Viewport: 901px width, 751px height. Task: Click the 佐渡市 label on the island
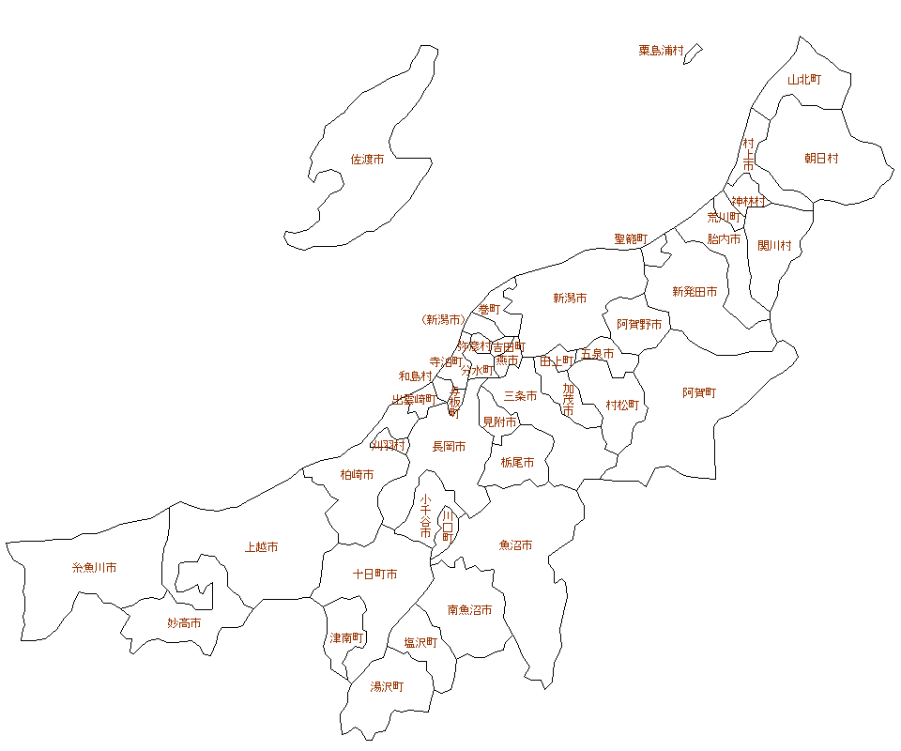pyautogui.click(x=367, y=160)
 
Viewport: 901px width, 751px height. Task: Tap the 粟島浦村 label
pyautogui.click(x=661, y=51)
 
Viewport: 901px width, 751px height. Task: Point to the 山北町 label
pyautogui.click(x=804, y=80)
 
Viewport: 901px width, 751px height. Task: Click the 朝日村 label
pyautogui.click(x=821, y=159)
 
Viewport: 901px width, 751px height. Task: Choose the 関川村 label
pyautogui.click(x=775, y=246)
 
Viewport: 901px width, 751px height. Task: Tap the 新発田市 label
pyautogui.click(x=695, y=292)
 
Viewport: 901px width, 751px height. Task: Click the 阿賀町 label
pyautogui.click(x=699, y=392)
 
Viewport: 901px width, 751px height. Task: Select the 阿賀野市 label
pyautogui.click(x=639, y=324)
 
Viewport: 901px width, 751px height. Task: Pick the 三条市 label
pyautogui.click(x=520, y=396)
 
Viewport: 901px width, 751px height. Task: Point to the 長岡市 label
pyautogui.click(x=449, y=447)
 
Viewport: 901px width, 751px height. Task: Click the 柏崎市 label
pyautogui.click(x=357, y=475)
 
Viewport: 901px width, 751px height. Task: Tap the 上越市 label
pyautogui.click(x=261, y=547)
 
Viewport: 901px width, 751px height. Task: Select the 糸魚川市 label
pyautogui.click(x=94, y=568)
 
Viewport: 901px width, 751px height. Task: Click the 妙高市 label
pyautogui.click(x=184, y=622)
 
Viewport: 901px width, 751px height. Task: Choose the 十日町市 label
pyautogui.click(x=374, y=574)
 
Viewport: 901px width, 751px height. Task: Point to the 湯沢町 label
pyautogui.click(x=387, y=686)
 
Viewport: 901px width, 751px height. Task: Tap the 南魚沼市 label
pyautogui.click(x=469, y=610)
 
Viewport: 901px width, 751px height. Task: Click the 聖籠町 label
pyautogui.click(x=631, y=239)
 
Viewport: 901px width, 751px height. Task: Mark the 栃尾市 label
pyautogui.click(x=517, y=463)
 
